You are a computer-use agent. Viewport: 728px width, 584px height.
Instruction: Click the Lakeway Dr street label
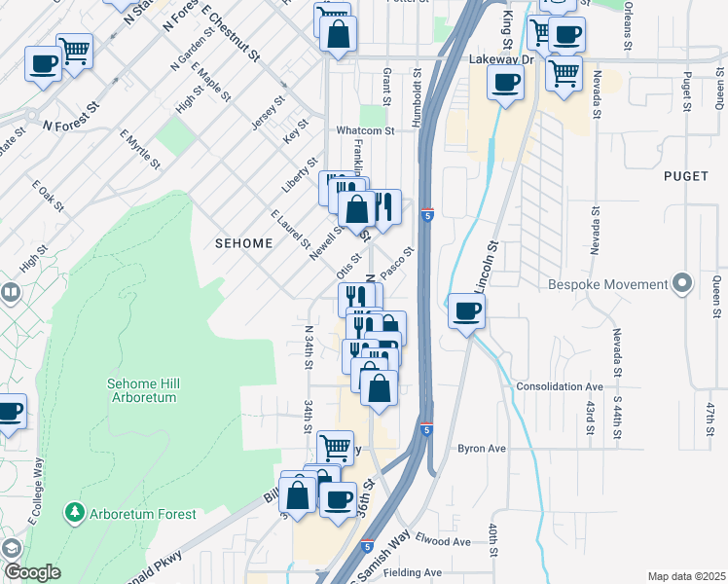(501, 59)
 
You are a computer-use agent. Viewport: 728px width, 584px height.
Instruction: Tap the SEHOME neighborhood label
(243, 243)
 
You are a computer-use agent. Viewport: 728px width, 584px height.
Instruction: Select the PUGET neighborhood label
(686, 176)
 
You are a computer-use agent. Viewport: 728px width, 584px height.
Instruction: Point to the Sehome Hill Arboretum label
(142, 390)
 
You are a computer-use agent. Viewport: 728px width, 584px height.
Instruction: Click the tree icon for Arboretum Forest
(74, 513)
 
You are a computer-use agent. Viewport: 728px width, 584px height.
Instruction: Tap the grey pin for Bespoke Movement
(682, 284)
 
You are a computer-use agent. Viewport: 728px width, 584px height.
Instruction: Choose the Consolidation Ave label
(560, 386)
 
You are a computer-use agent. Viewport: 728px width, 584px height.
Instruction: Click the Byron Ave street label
(482, 449)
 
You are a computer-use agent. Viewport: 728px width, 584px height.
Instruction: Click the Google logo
(32, 572)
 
